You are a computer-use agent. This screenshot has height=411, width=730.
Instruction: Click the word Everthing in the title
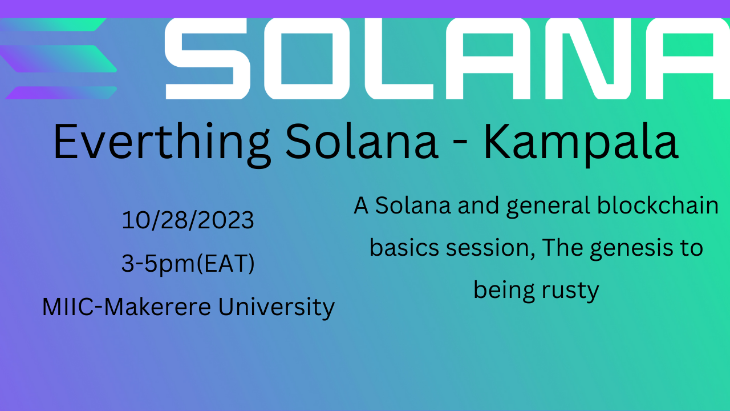162,143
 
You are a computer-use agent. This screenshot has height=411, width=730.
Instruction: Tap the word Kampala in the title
581,143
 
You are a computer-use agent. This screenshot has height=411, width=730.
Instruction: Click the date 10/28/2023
188,220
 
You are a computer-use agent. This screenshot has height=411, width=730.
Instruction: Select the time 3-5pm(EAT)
188,264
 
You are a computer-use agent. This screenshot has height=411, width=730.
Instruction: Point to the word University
277,307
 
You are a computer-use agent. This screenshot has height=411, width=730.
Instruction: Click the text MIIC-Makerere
127,307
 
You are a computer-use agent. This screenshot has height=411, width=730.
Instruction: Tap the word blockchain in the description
658,205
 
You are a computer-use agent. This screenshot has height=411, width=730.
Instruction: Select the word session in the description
490,248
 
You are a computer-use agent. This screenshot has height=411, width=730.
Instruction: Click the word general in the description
549,206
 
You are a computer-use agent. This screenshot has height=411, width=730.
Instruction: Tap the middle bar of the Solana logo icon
59,59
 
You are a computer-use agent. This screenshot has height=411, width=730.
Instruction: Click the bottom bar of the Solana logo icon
61,92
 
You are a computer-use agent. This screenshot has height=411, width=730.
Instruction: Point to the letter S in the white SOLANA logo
208,59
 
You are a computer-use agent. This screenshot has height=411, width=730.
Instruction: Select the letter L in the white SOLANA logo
399,59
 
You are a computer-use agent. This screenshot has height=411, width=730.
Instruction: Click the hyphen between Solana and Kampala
460,143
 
